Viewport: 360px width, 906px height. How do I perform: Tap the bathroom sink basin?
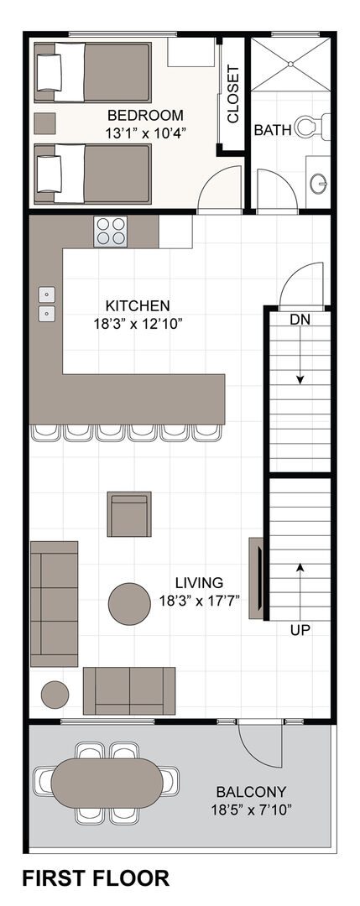318,184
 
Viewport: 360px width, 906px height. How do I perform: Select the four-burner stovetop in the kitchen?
111,232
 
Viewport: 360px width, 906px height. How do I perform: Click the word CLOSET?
233,96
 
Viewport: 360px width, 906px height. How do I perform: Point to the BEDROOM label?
145,115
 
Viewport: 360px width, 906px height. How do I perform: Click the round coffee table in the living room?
129,604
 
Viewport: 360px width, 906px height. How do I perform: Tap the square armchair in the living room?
129,514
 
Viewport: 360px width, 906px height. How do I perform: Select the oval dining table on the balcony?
107,783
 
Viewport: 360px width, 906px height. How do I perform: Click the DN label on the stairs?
300,320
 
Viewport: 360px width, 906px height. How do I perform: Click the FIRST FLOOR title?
96,878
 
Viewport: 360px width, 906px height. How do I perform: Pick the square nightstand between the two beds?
45,123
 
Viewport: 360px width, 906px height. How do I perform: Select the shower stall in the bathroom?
290,64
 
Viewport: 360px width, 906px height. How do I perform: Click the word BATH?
273,130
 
